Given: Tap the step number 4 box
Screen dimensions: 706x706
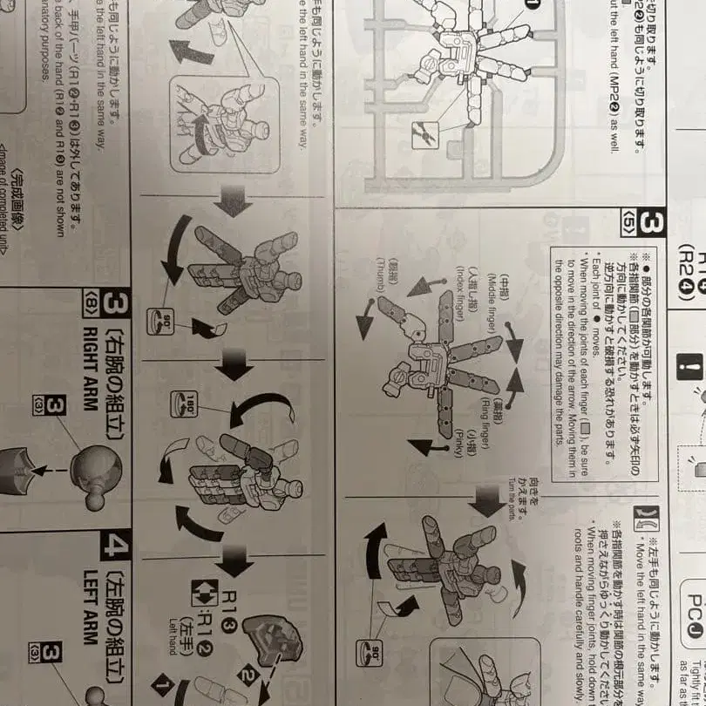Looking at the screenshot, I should coord(118,547).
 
